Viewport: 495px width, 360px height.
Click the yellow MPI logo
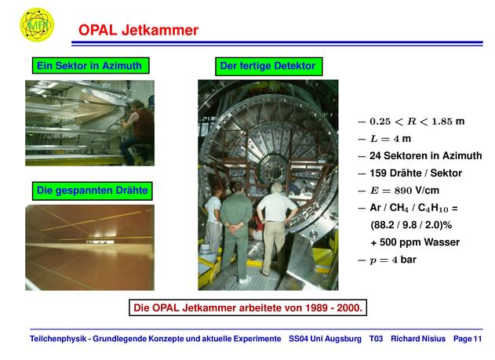coord(37,24)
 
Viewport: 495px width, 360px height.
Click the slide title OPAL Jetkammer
coord(138,30)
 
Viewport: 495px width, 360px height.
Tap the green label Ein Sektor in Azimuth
coord(90,66)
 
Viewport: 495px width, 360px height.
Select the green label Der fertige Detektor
coord(268,66)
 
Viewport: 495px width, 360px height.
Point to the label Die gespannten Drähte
coord(93,191)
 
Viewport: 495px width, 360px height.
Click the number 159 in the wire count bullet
coord(378,173)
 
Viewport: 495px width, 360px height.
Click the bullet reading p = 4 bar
coord(388,260)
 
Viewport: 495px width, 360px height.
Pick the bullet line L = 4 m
coord(384,139)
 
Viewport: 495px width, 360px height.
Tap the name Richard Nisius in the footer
coord(418,339)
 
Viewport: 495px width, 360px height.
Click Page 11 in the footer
coord(468,339)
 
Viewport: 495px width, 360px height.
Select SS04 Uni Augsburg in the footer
coord(325,339)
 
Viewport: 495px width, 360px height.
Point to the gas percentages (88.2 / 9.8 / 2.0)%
coord(411,225)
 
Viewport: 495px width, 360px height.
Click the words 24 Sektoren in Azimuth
coord(426,155)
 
